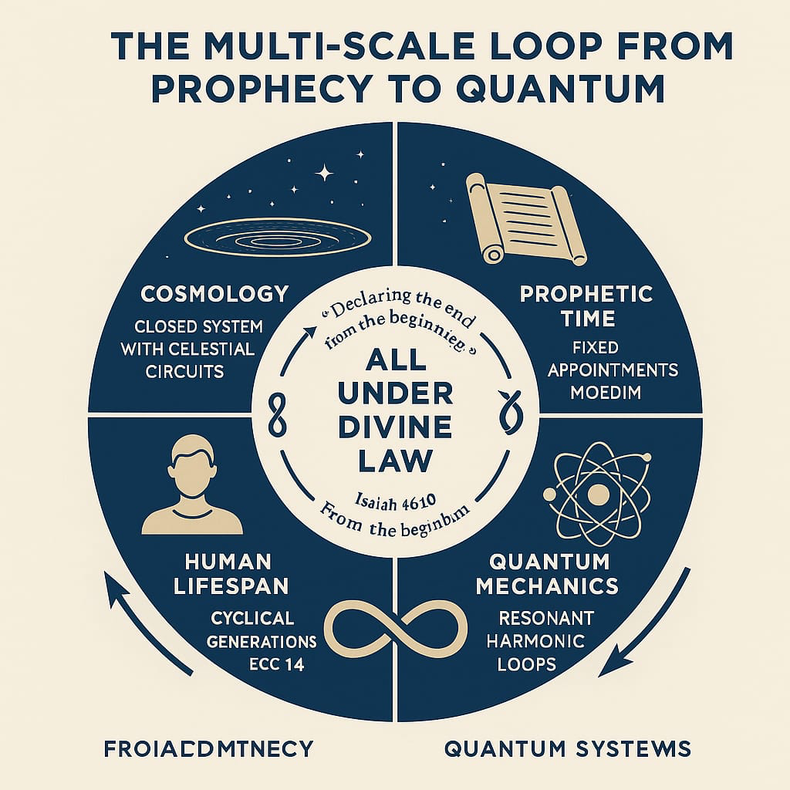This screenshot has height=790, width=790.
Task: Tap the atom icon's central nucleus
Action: [596, 493]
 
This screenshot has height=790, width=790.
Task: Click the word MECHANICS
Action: [547, 586]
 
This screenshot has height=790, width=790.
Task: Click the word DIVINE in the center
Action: [395, 428]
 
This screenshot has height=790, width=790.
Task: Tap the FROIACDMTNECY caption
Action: [208, 748]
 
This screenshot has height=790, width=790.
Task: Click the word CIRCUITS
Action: [184, 371]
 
